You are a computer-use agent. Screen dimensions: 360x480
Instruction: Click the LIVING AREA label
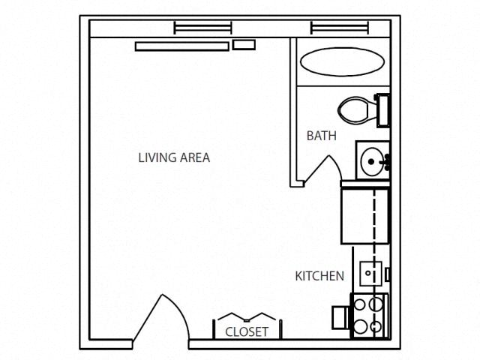coord(174,157)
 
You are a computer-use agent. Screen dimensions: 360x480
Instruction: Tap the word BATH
coord(321,136)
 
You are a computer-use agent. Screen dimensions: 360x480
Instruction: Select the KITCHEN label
coord(319,276)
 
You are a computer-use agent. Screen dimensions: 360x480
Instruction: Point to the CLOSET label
coord(246,331)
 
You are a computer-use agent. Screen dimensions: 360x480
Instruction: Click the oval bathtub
coord(342,63)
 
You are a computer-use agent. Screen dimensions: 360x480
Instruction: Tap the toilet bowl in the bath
coord(354,111)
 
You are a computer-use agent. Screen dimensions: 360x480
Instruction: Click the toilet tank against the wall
coord(382,111)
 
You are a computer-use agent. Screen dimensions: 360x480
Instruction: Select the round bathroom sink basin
coord(373,160)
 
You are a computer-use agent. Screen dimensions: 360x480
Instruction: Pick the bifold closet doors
coord(246,316)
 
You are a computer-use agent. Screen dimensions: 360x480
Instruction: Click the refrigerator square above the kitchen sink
coord(365,216)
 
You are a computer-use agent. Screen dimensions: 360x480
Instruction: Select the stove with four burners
coord(369,315)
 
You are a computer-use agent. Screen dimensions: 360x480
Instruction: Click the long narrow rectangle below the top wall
coord(181,46)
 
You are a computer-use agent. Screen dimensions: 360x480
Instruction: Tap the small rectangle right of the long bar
coord(244,45)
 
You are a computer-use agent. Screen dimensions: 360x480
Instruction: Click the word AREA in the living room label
coord(194,157)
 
